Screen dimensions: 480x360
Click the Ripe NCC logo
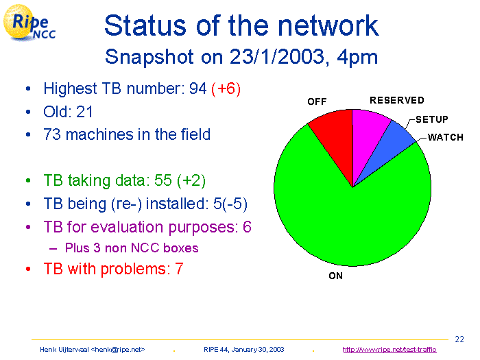click(x=29, y=23)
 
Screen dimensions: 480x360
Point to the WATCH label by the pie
click(x=446, y=137)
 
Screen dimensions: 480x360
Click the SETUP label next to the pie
click(x=431, y=119)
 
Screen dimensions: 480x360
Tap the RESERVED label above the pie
click(x=397, y=100)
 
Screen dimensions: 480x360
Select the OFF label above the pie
click(x=317, y=101)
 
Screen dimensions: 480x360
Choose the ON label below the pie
click(x=335, y=276)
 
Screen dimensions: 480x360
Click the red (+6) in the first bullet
click(x=226, y=88)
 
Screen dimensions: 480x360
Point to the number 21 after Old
click(x=84, y=112)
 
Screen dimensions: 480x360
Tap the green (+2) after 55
click(x=191, y=180)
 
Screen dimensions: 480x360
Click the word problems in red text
click(x=135, y=269)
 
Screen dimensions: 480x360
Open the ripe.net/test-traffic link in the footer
click(x=389, y=350)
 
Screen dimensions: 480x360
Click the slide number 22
click(x=459, y=339)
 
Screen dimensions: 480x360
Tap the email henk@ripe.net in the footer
click(x=117, y=350)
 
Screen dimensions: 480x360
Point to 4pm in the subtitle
click(x=357, y=57)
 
